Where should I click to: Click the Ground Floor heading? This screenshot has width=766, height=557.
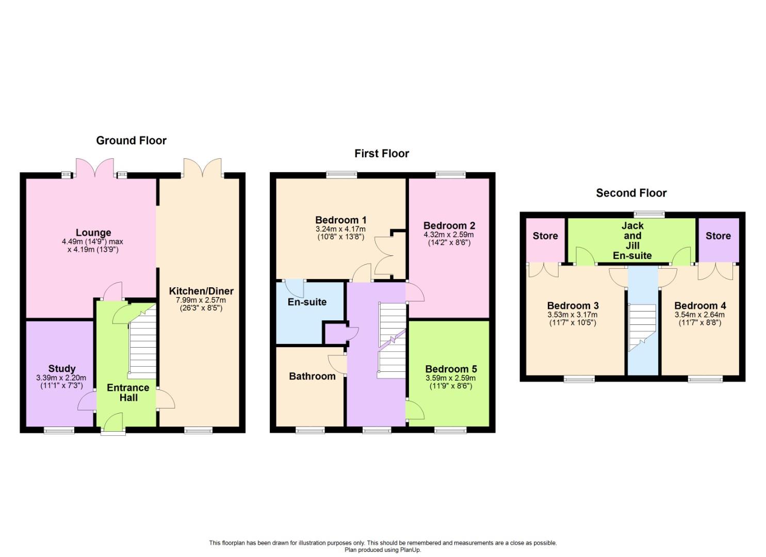132,140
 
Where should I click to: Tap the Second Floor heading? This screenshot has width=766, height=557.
631,193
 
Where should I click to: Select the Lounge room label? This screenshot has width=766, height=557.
93,233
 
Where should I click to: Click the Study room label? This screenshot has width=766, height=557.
62,369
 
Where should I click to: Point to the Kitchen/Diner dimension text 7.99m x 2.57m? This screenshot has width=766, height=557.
201,300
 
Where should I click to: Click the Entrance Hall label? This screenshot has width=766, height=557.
128,392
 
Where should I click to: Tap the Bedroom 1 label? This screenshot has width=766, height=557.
340,220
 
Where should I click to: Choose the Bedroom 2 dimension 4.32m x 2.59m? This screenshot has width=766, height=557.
449,235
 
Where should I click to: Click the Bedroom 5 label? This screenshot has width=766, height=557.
451,369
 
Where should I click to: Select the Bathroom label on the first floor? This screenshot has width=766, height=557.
312,376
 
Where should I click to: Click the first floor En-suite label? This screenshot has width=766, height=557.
307,302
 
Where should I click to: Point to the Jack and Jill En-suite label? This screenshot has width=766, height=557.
632,240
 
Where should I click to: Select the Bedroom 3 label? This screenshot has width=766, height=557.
573,306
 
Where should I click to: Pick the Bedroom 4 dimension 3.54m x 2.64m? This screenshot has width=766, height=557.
699,315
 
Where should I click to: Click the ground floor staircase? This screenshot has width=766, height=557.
142,341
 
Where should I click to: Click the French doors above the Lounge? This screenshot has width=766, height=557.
95,168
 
